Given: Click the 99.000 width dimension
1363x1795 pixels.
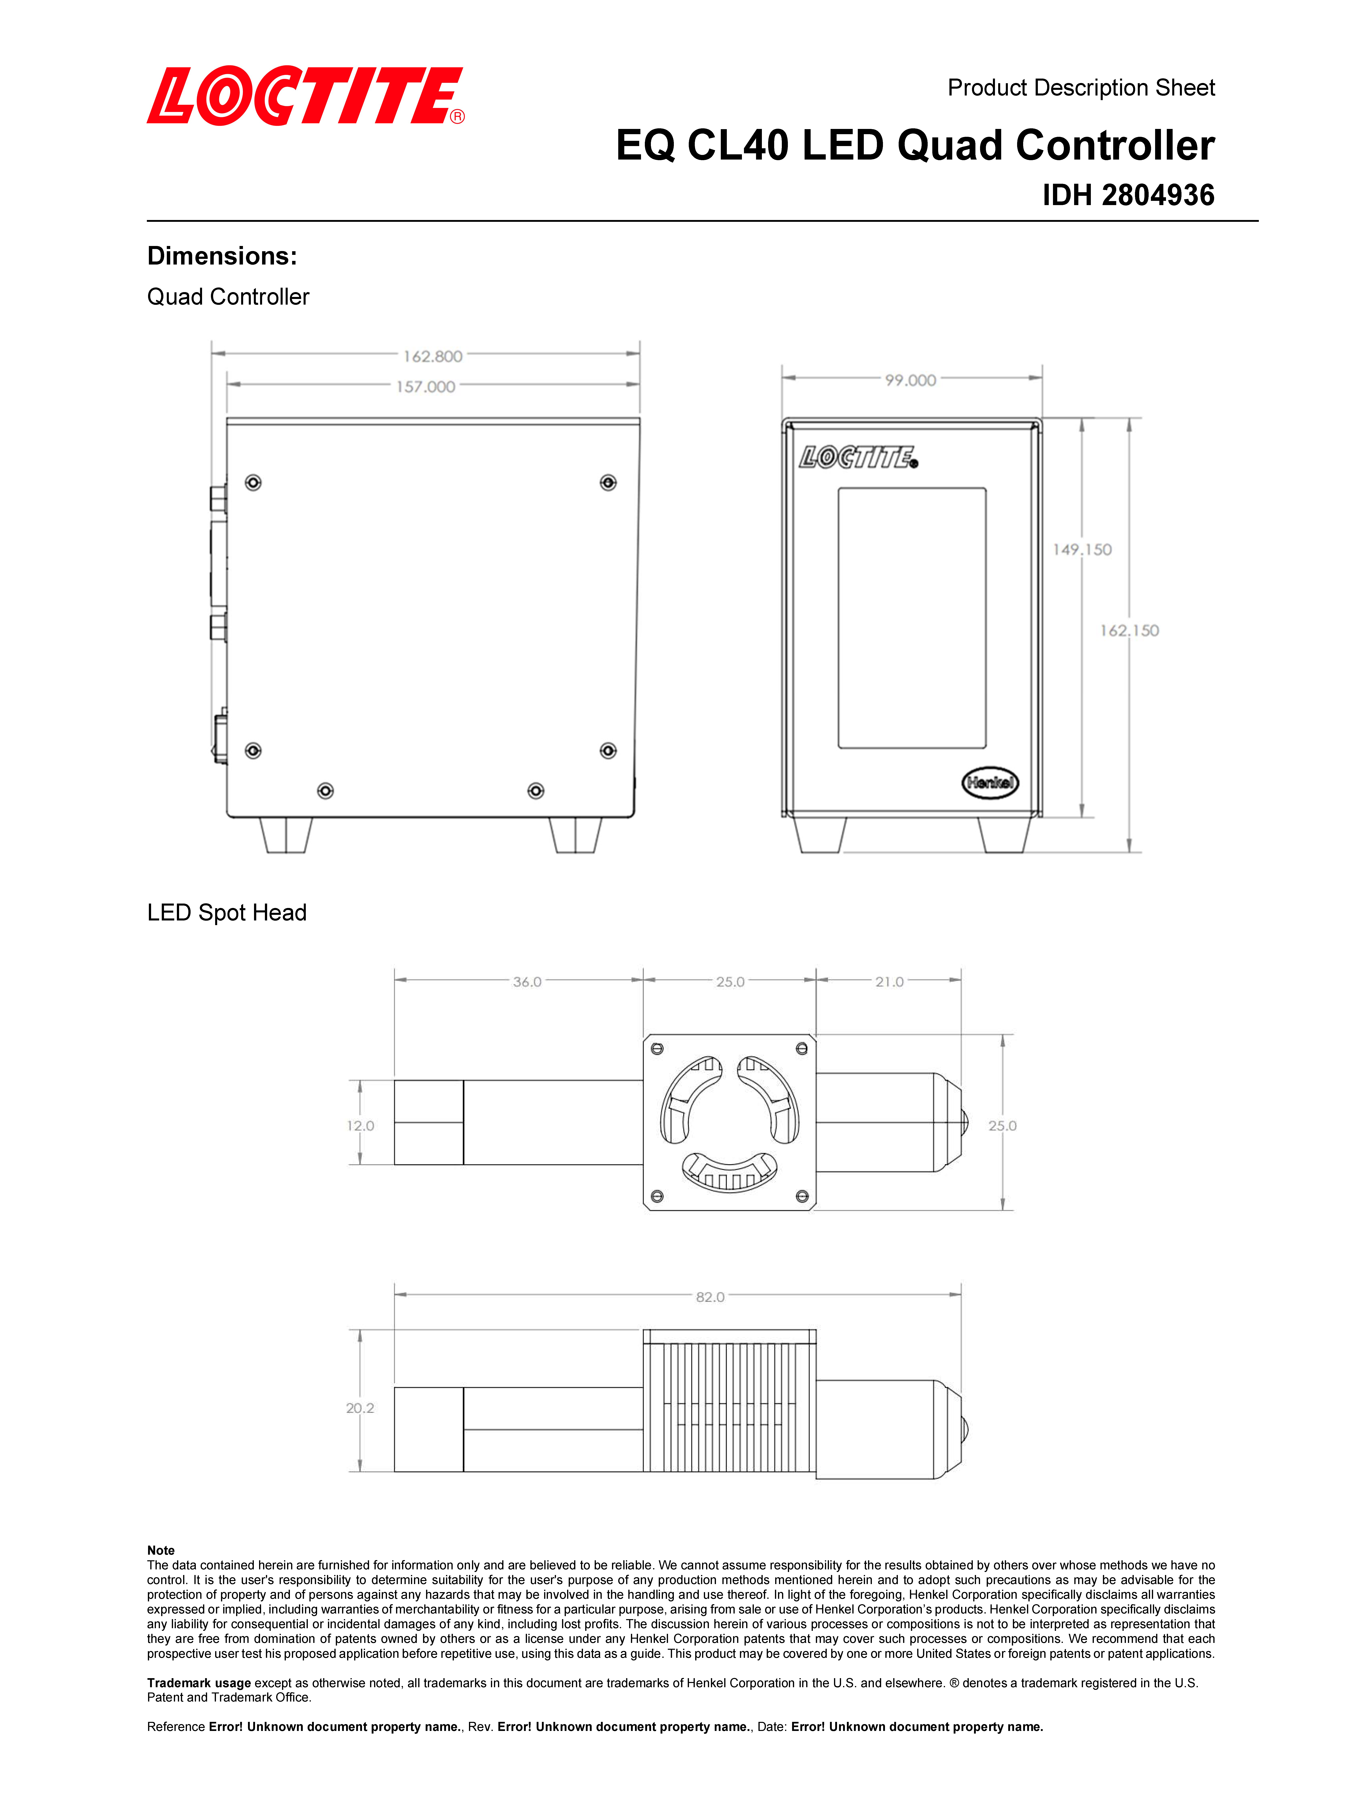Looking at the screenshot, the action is [x=910, y=380].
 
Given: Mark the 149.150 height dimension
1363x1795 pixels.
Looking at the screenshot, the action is [x=1082, y=549].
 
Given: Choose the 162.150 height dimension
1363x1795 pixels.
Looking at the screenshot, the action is [x=1129, y=631].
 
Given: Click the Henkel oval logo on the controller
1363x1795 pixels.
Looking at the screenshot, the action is [x=990, y=782].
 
